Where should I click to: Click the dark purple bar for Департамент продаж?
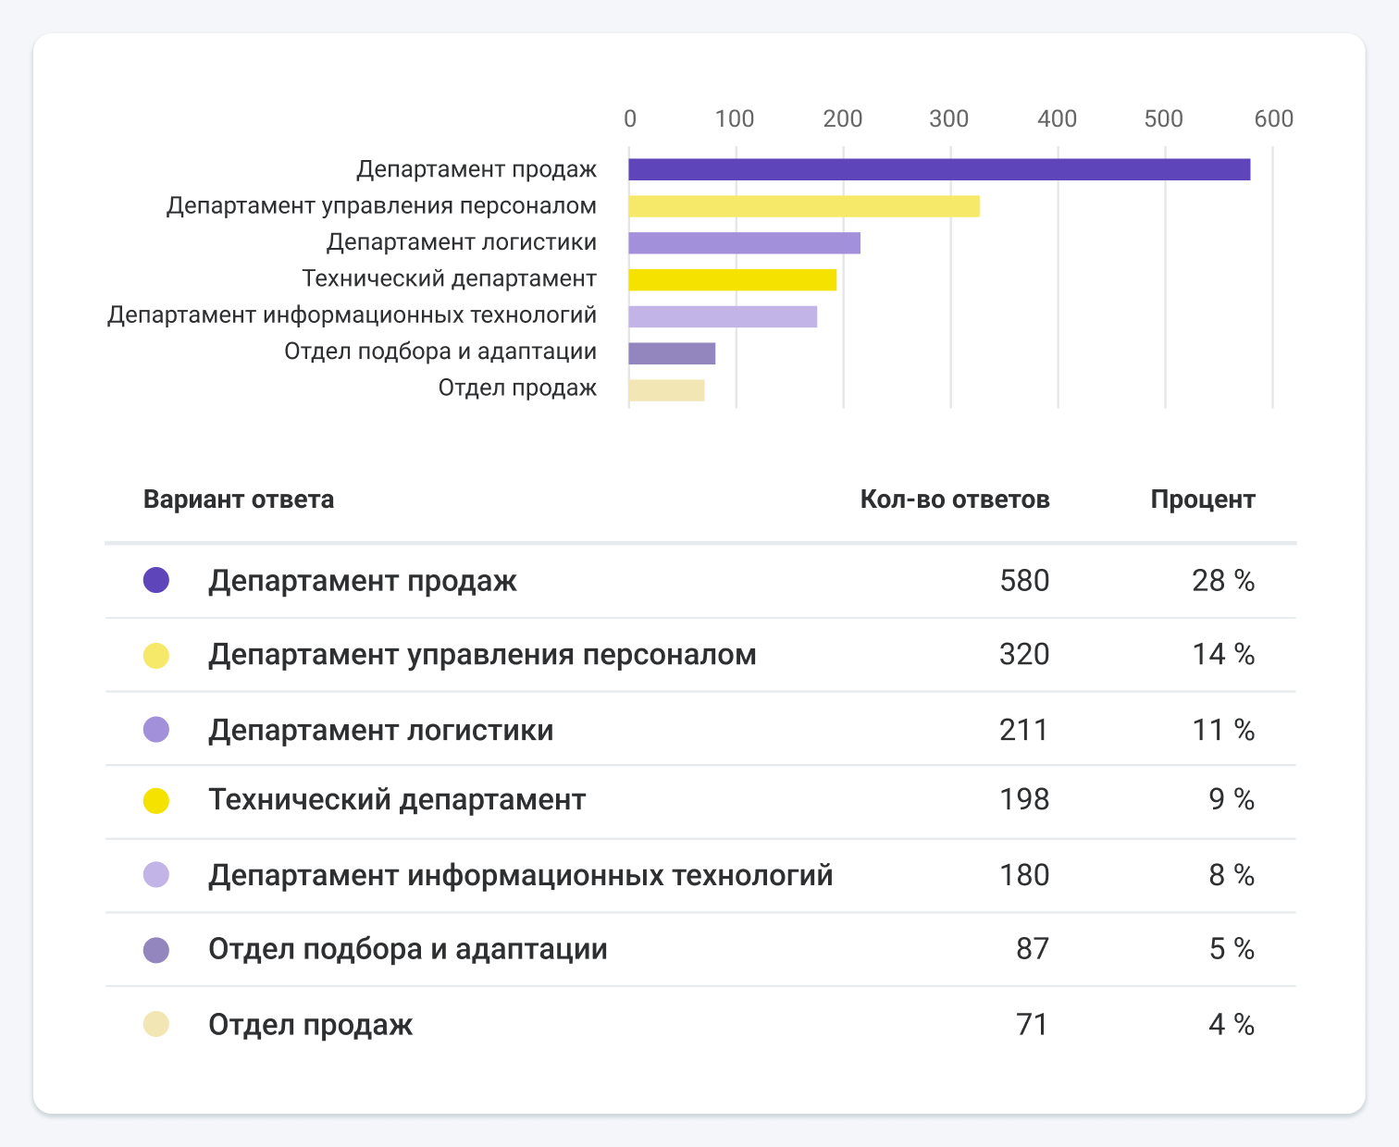[x=939, y=169]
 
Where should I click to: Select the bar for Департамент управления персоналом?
[x=803, y=206]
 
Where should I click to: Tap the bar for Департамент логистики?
[x=744, y=243]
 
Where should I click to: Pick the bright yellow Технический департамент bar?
[x=732, y=279]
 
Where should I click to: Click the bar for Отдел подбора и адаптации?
[x=672, y=353]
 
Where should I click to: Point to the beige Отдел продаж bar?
[x=666, y=390]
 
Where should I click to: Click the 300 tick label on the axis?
[x=949, y=118]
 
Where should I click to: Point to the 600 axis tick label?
[x=1273, y=118]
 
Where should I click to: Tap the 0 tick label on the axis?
[x=630, y=118]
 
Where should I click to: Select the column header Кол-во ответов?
[x=954, y=499]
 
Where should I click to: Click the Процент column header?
[x=1202, y=499]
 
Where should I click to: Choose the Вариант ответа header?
[x=239, y=499]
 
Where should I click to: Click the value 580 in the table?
[x=1024, y=581]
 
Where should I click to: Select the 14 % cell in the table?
[x=1223, y=655]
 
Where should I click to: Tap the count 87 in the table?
[x=1033, y=949]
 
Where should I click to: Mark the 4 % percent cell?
[x=1232, y=1025]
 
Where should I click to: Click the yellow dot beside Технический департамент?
[x=156, y=800]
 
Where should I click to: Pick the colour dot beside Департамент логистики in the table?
[x=156, y=730]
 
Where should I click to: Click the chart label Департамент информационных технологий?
[x=352, y=315]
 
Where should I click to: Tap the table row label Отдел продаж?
[x=311, y=1025]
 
